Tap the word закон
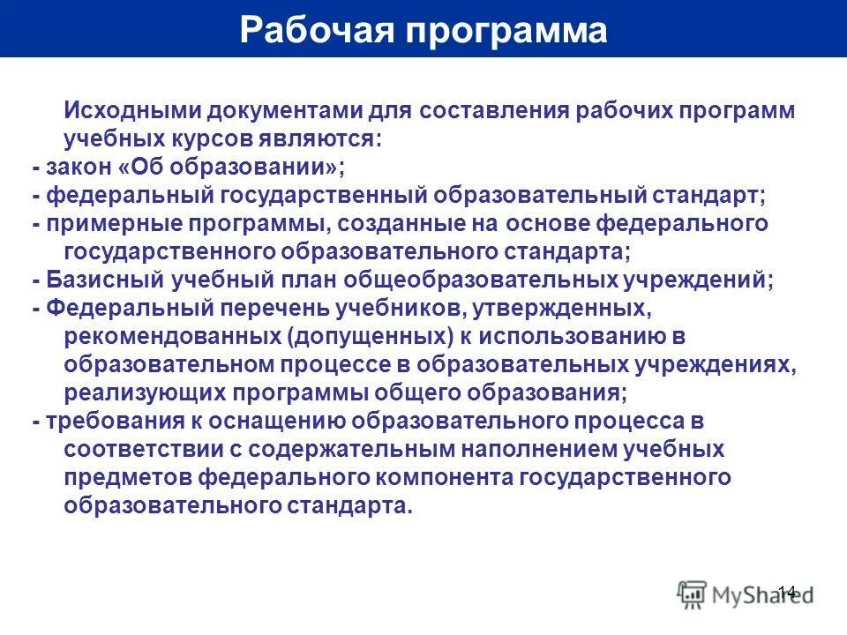click(x=78, y=168)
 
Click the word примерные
click(x=108, y=224)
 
